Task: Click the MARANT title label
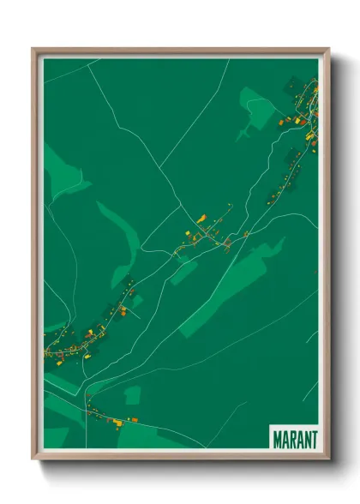294,438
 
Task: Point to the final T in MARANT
313,439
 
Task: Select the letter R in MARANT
292,439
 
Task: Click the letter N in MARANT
306,439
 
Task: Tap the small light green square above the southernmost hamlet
133,395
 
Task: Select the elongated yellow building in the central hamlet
201,219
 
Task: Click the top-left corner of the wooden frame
34,49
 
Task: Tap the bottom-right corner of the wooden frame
327,459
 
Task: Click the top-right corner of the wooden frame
327,49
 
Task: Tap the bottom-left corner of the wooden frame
34,459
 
